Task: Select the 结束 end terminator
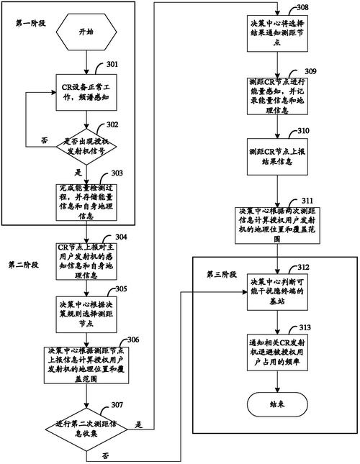click(x=277, y=404)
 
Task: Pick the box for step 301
click(x=86, y=91)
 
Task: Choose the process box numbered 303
click(x=86, y=201)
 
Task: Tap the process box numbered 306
click(x=86, y=365)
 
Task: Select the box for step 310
click(x=277, y=153)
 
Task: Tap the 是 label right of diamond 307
click(x=138, y=424)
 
